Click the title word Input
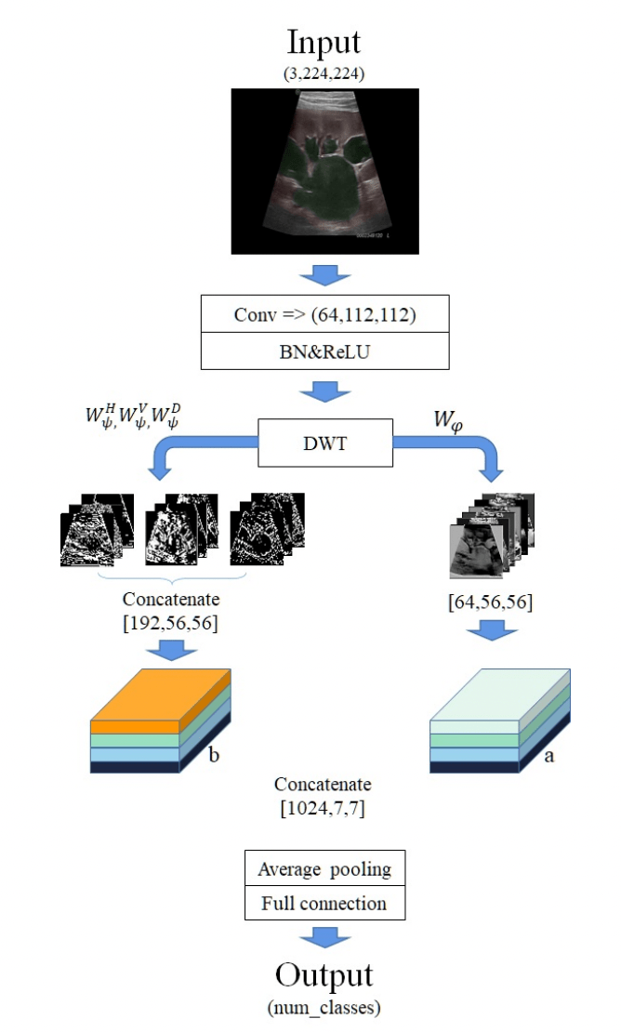tap(324, 43)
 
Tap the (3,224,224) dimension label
tap(324, 71)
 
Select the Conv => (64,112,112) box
tap(324, 314)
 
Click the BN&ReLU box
tap(324, 351)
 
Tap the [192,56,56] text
tap(170, 623)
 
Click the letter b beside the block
tap(213, 755)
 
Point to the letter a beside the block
tap(548, 755)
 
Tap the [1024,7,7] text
tap(324, 808)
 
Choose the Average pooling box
tap(324, 870)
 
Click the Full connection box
tap(324, 903)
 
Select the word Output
tap(324, 974)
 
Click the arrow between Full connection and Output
tap(324, 935)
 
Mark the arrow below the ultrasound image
tap(324, 274)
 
